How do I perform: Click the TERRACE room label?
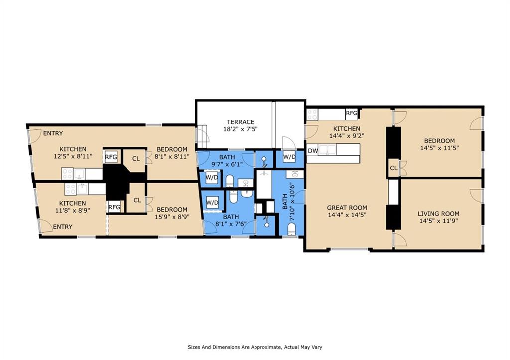[x=241, y=122]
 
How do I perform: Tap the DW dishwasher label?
[x=313, y=151]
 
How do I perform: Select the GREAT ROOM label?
[x=347, y=208]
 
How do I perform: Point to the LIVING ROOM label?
[x=438, y=214]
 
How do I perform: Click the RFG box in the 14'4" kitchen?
[x=352, y=113]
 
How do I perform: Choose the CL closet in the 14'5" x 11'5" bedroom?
[x=394, y=168]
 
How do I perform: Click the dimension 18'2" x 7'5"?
[x=241, y=129]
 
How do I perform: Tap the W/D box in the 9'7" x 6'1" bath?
[x=212, y=178]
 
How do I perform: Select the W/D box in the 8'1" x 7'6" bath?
[x=212, y=203]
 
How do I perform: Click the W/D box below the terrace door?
[x=289, y=157]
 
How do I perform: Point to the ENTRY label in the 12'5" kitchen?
[x=53, y=133]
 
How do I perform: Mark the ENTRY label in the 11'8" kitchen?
[x=62, y=227]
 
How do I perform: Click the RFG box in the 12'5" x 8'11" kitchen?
[x=111, y=157]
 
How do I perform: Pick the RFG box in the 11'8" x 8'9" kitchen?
[x=114, y=207]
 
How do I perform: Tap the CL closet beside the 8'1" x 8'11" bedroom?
[x=136, y=159]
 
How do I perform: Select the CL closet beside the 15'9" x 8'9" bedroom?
[x=137, y=200]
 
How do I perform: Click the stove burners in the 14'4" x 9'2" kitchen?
[x=312, y=114]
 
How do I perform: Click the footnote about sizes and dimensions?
[x=255, y=347]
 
